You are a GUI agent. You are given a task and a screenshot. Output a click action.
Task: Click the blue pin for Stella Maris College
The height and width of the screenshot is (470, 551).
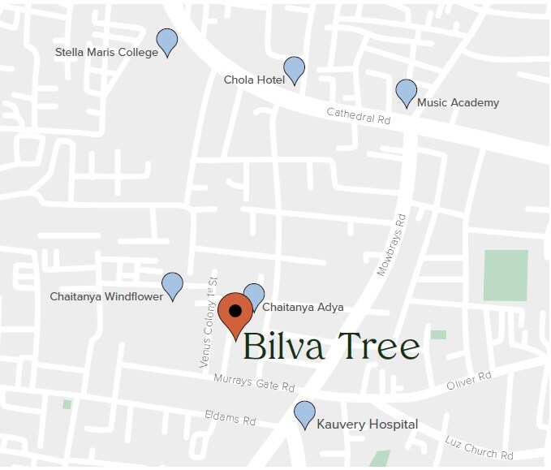(166, 41)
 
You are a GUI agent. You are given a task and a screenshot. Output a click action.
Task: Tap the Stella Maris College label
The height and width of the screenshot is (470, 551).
(106, 53)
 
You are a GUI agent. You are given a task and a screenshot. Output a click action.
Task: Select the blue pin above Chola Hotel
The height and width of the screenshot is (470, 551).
(294, 69)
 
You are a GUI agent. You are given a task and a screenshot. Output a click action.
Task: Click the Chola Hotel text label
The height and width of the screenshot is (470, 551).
(254, 80)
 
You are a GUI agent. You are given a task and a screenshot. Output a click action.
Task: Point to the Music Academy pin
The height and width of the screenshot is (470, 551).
(406, 92)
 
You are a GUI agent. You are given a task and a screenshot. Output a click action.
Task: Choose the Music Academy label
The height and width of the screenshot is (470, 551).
(458, 103)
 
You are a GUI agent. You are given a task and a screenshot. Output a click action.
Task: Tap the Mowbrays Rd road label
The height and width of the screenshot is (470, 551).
(391, 244)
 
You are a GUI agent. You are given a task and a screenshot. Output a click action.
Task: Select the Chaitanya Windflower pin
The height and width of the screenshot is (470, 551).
(172, 285)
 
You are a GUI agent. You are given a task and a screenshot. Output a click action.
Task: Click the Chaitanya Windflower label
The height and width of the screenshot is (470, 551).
(106, 297)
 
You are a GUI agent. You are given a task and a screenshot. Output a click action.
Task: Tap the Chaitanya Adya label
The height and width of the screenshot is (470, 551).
(303, 308)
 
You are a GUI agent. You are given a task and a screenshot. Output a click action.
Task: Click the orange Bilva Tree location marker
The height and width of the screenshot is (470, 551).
(235, 313)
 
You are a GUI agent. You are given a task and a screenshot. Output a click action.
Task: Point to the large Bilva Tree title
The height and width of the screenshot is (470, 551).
(331, 347)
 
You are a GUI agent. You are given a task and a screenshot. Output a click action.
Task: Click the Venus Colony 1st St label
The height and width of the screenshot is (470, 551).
(209, 322)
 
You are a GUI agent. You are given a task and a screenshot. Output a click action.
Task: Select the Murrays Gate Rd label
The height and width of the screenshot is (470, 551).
(254, 383)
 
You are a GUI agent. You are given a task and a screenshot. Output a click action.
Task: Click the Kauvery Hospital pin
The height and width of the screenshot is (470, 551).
(304, 413)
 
